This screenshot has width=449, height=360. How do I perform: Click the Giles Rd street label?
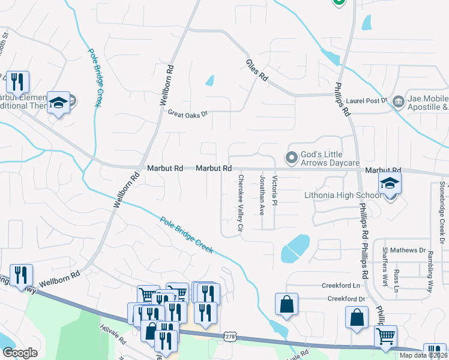256,70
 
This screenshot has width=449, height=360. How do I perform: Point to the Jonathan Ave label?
262,195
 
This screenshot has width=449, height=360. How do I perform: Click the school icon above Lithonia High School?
390,184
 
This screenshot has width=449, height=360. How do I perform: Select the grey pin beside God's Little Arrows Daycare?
292,158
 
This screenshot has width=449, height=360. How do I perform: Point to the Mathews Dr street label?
408,250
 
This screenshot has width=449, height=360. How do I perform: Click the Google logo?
20,352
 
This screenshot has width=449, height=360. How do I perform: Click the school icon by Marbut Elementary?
59,103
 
